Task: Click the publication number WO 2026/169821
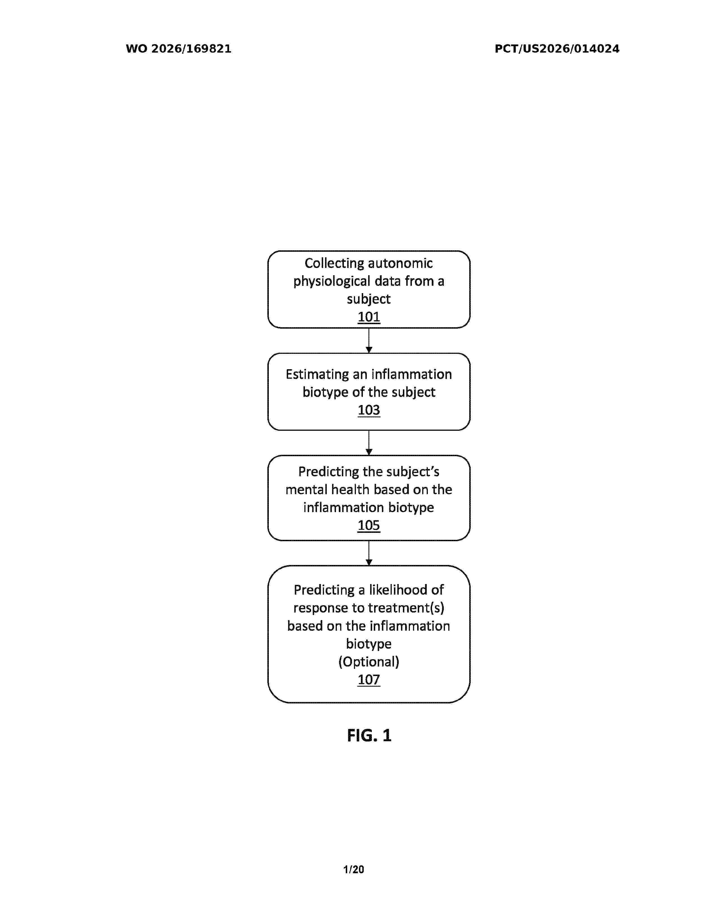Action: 179,49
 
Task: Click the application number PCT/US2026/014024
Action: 557,49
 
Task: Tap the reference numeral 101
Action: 369,317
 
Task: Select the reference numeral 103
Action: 369,410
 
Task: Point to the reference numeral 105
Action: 369,525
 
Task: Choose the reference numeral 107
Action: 369,680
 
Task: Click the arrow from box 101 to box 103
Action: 369,341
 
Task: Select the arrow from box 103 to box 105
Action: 369,443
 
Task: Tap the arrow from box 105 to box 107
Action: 369,553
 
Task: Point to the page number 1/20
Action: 354,870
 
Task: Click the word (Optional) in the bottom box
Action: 369,662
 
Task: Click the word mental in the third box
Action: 306,489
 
